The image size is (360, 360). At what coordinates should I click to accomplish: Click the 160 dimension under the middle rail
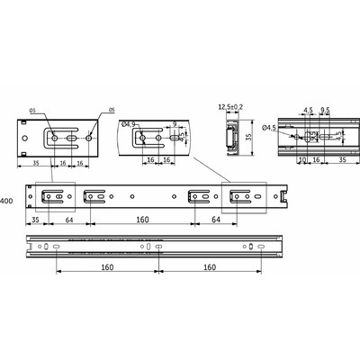(144, 218)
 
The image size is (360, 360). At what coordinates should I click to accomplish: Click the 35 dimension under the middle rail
(35, 218)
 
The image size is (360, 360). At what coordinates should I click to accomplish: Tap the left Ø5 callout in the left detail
(31, 111)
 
